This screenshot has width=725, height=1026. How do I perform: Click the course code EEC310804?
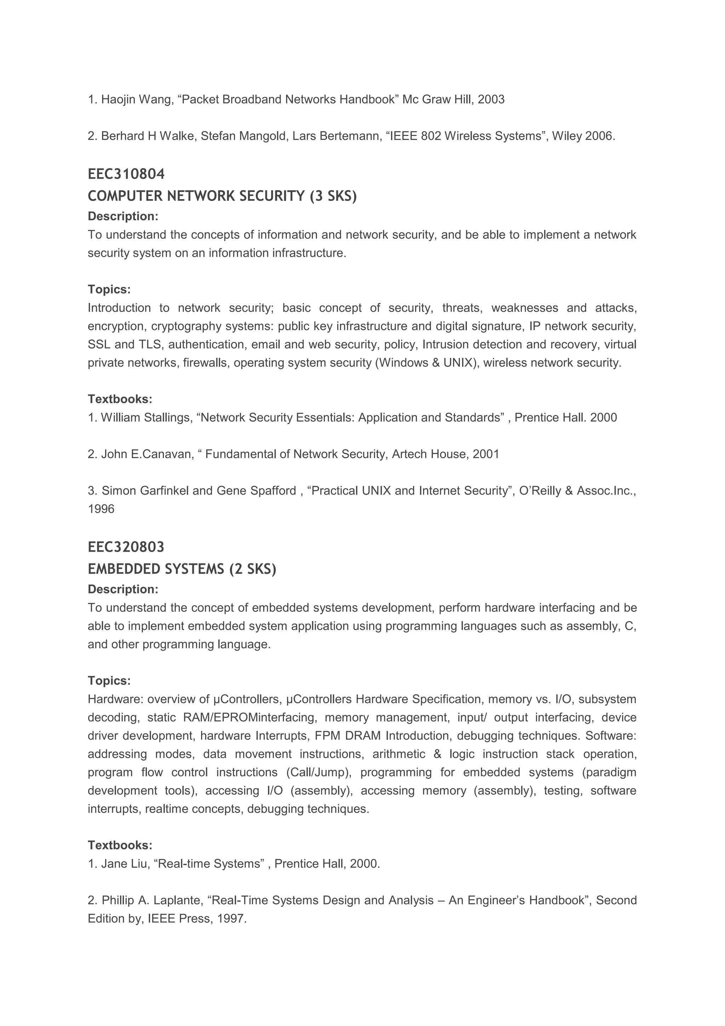126,174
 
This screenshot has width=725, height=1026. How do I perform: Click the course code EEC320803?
126,547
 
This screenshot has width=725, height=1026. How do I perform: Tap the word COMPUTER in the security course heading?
125,196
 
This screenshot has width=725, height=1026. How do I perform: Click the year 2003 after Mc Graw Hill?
491,99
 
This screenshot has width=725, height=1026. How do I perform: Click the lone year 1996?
101,509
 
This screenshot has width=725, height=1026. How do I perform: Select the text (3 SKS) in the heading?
333,196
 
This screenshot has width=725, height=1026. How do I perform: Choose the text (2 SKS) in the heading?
253,569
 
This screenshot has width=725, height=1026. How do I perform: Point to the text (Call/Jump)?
318,773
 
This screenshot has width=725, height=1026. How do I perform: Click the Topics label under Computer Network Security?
109,289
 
